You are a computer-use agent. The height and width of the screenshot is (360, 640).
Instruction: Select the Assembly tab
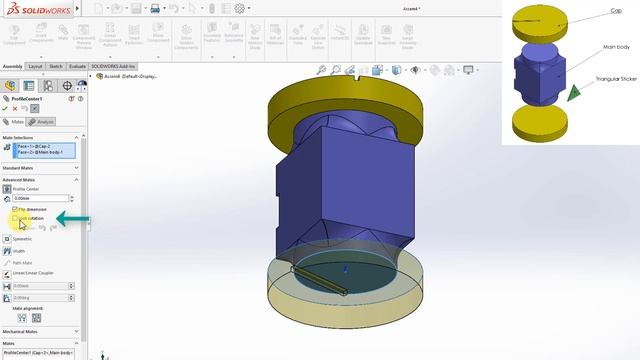point(12,65)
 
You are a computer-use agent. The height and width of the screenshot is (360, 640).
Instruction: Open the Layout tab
point(35,65)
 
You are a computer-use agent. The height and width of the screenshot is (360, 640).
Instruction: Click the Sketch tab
point(56,65)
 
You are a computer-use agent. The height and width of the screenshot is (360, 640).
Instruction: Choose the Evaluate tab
point(77,65)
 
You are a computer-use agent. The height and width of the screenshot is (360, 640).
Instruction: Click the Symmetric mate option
point(21,239)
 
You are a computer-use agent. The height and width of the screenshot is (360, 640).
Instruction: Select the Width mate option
point(19,251)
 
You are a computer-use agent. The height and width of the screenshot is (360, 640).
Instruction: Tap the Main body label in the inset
point(615,46)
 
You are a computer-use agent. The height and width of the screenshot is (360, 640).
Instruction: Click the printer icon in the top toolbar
point(154,8)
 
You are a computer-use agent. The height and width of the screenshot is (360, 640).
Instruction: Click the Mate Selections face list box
point(40,150)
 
